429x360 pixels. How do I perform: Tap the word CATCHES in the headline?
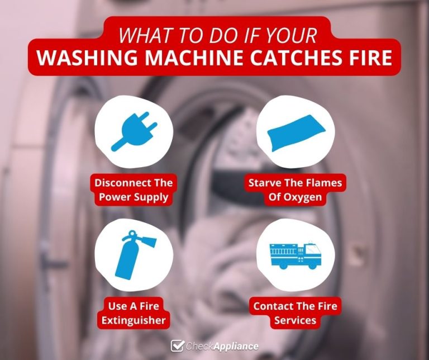click(288, 58)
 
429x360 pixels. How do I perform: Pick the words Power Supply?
click(134, 197)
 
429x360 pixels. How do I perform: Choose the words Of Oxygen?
click(295, 197)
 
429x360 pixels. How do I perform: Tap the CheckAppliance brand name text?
click(222, 346)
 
